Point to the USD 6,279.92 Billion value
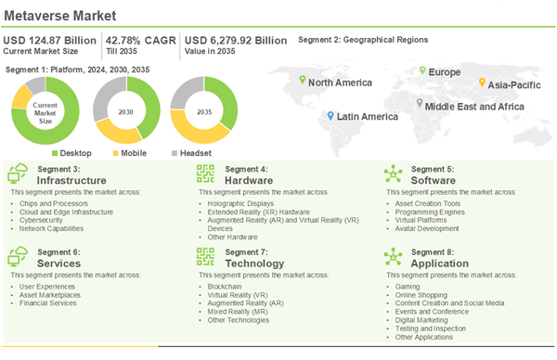click(236, 40)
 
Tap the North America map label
click(340, 83)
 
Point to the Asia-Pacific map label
click(514, 84)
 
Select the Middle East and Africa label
click(473, 107)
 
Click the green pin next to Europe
click(421, 71)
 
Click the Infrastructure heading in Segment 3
click(72, 180)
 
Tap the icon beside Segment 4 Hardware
click(205, 174)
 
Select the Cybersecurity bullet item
click(44, 219)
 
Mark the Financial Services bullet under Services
click(48, 302)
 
